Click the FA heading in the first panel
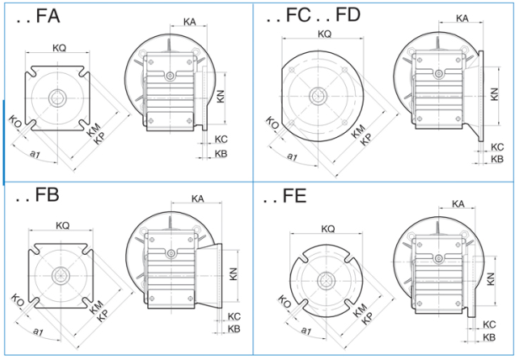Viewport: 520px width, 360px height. (48, 15)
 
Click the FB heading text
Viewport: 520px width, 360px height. (47, 194)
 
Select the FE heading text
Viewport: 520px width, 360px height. (294, 196)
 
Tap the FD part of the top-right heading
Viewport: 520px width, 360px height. (348, 15)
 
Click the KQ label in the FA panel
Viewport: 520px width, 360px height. (60, 48)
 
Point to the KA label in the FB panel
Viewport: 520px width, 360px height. (198, 199)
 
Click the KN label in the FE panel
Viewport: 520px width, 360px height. (491, 279)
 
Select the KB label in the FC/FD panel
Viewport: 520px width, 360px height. (497, 159)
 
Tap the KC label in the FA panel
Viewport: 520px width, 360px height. (220, 140)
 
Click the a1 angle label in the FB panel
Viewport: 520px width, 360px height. (38, 331)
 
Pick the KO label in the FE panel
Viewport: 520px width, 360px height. (284, 302)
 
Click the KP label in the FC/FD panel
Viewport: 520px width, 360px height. (366, 140)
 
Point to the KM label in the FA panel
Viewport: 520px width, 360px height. (93, 130)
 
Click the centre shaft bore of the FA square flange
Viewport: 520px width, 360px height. (57, 98)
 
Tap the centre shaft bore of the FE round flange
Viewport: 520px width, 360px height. (326, 281)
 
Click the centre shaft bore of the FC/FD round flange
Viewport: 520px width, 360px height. (318, 96)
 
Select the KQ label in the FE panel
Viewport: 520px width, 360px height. (328, 229)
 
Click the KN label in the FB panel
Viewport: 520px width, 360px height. (233, 274)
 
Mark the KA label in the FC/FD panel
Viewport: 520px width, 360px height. (462, 19)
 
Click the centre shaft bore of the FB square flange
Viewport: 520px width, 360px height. (61, 276)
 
